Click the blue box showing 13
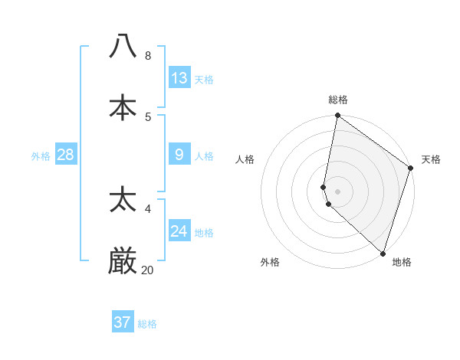point(179,77)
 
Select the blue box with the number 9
point(179,155)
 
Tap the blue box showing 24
point(179,231)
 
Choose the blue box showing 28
point(66,155)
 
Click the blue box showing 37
point(123,322)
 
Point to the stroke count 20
point(147,270)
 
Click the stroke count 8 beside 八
point(147,55)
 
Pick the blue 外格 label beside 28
point(41,155)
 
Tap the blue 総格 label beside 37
point(147,324)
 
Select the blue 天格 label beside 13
point(204,79)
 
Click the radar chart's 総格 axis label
point(338,100)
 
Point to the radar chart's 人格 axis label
point(245,159)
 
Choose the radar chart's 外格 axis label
point(270,262)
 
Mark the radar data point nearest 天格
point(411,169)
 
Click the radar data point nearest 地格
point(383,253)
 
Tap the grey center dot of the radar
point(338,191)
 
